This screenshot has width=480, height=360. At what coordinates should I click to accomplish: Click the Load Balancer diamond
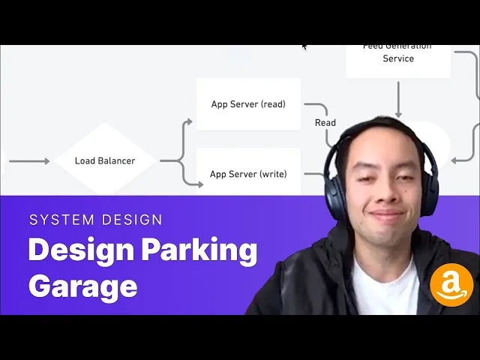click(x=105, y=160)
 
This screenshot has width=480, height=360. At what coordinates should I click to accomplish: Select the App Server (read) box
click(x=248, y=104)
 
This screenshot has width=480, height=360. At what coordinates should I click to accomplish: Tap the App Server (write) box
click(x=248, y=173)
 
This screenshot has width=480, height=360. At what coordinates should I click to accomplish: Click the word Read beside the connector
click(x=325, y=123)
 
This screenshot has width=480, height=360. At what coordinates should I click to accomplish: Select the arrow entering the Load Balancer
click(x=30, y=161)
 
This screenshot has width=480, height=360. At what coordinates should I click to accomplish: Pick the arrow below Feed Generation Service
click(x=398, y=97)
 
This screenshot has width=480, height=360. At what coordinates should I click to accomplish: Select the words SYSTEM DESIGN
click(x=95, y=220)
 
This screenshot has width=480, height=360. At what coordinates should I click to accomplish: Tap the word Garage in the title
click(x=82, y=286)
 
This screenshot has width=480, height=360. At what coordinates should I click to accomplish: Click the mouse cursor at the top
click(x=304, y=46)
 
